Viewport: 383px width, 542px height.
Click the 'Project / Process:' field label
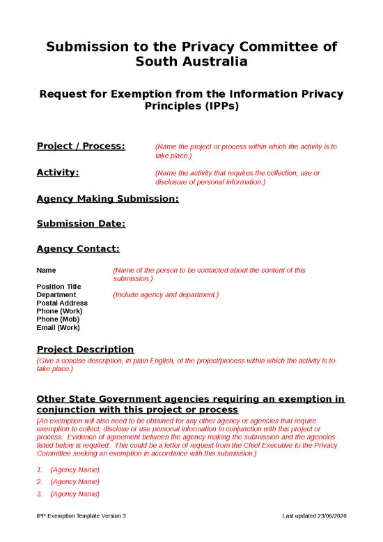[x=80, y=146]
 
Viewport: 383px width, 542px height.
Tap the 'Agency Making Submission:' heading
[x=107, y=200]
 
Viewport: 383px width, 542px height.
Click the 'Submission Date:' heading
[x=80, y=224]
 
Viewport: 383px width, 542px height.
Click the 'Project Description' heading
[x=84, y=349]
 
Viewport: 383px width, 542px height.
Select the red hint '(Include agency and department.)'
[x=166, y=295]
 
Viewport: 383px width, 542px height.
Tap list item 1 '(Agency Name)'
[x=75, y=470]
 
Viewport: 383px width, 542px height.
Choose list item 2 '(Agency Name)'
[x=75, y=482]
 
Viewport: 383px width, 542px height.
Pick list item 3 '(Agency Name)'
[x=75, y=494]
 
